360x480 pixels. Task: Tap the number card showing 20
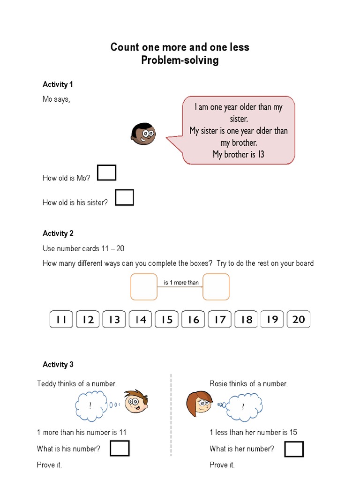(299, 320)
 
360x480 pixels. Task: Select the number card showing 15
(167, 320)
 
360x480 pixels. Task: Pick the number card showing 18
(246, 320)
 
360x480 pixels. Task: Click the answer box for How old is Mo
(106, 173)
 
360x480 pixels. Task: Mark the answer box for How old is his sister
(124, 197)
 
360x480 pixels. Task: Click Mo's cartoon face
(142, 134)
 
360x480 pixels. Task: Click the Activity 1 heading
(58, 84)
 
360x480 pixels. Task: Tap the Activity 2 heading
(58, 233)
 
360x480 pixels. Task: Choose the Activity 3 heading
(58, 364)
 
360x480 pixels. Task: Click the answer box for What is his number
(120, 449)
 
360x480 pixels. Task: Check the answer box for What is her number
(294, 449)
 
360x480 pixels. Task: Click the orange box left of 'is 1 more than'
(144, 287)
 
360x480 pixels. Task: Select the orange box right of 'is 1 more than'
(216, 287)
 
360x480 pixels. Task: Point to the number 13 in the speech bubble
(261, 154)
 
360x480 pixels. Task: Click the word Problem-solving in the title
(180, 60)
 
